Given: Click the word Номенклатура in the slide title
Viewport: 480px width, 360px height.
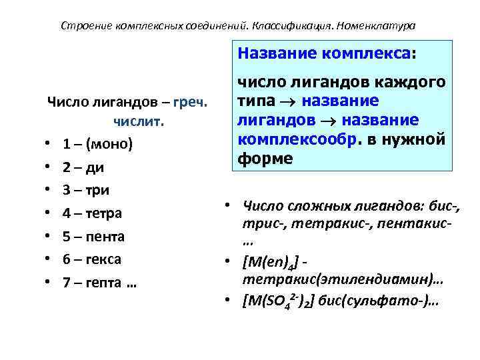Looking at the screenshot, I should (x=377, y=26).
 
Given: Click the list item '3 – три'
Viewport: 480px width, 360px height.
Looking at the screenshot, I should (x=87, y=190).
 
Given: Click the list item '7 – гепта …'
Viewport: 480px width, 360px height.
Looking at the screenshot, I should (x=100, y=283).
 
